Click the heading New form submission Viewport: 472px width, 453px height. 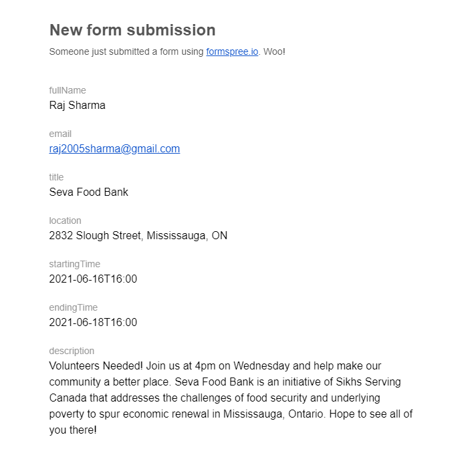[x=132, y=30]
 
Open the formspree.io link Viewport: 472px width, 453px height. [x=232, y=51]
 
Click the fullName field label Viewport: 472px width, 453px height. [x=68, y=90]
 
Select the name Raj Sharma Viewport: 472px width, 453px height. [x=77, y=105]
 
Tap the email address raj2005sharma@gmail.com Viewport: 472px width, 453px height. [x=114, y=148]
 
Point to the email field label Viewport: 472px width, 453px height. [x=60, y=134]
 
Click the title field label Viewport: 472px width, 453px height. [x=56, y=177]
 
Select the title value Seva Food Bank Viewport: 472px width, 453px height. [x=88, y=192]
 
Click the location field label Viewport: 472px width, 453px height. [x=65, y=220]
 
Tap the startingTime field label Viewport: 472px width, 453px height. [x=74, y=264]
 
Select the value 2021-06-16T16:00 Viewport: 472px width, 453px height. [x=93, y=279]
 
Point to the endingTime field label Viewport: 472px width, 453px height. [x=73, y=307]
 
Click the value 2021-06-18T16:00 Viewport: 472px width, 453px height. [x=93, y=322]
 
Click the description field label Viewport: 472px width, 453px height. [x=72, y=351]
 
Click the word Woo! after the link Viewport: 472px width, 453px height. [x=274, y=51]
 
